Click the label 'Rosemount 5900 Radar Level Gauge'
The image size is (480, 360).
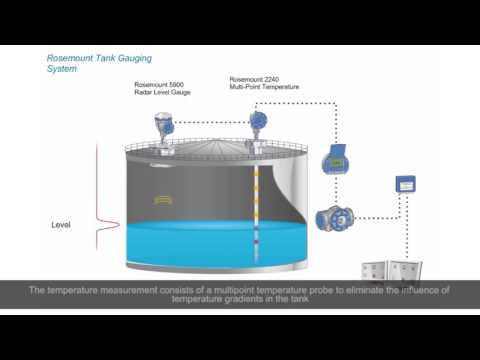tap(162, 89)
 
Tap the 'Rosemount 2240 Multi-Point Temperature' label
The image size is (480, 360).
tap(264, 83)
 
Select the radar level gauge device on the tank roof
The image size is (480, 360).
tap(163, 128)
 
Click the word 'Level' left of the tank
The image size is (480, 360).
tap(61, 225)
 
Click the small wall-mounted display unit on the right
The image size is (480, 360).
tap(405, 185)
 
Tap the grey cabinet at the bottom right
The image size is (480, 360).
tap(390, 267)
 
